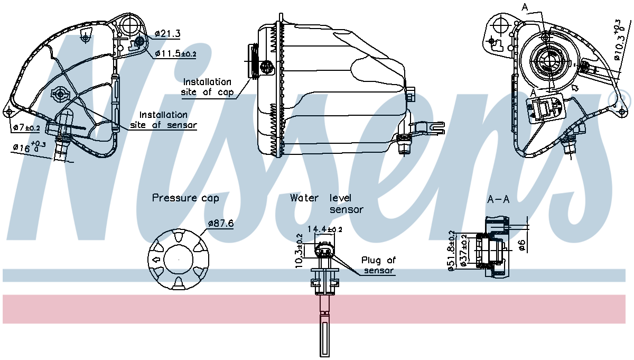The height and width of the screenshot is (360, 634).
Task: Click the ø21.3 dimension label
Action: (167, 34)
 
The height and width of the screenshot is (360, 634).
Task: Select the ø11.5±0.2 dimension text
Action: (176, 54)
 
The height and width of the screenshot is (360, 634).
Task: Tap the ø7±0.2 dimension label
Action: (26, 128)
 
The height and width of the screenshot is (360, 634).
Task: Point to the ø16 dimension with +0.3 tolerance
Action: (30, 148)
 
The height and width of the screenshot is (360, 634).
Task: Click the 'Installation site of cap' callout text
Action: (207, 87)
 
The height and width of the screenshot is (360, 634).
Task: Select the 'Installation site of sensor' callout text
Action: (163, 120)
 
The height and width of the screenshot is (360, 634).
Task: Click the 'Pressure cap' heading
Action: (185, 198)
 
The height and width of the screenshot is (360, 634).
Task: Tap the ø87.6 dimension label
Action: (221, 223)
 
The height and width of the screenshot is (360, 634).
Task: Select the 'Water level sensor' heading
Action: (327, 204)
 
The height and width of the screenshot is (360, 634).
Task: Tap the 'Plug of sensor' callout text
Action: (378, 265)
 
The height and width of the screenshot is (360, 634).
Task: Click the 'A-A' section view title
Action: (498, 200)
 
